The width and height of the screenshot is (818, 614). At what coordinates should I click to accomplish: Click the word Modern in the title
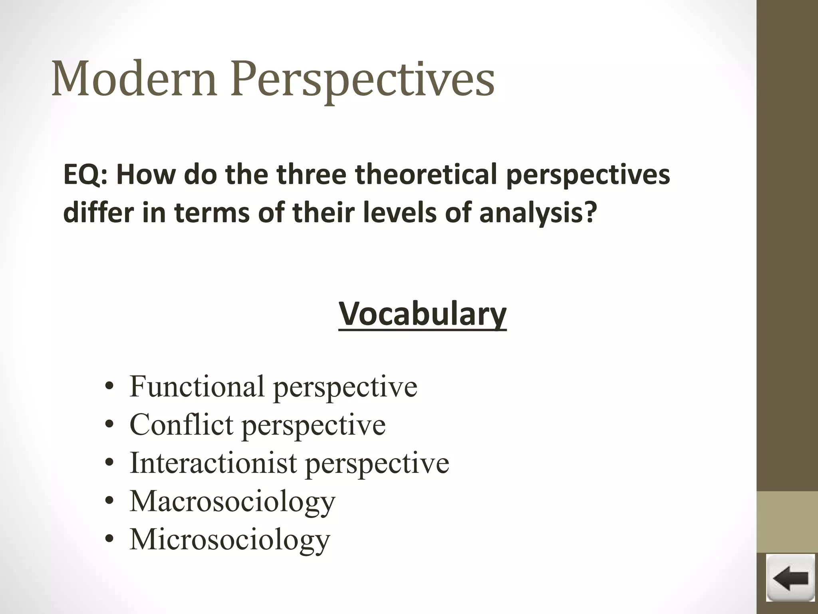tap(134, 79)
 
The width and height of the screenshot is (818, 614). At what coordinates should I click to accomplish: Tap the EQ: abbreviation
tap(85, 175)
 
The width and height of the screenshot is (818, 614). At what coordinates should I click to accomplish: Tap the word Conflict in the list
tap(182, 425)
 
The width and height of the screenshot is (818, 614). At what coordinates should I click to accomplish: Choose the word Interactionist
tap(213, 463)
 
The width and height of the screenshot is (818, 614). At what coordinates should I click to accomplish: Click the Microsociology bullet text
tap(230, 540)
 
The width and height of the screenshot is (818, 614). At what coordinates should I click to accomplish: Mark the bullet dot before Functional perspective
tap(109, 388)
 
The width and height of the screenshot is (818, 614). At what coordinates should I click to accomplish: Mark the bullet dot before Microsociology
tap(109, 540)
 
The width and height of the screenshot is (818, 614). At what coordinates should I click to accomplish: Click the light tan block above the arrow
tap(787, 522)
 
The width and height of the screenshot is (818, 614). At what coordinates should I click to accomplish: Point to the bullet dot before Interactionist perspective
tap(109, 464)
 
